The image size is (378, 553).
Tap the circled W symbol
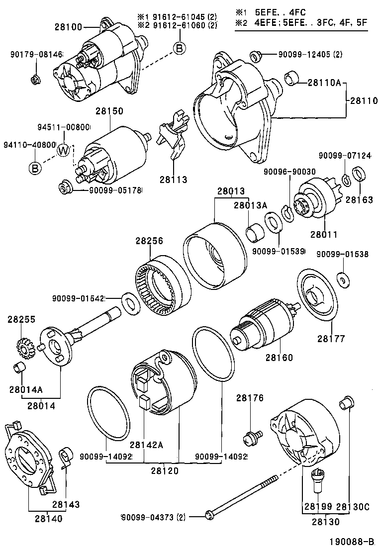tap(64, 150)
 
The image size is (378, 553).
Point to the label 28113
tap(174, 180)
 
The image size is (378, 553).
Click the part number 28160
tap(279, 357)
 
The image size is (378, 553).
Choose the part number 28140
tap(49, 519)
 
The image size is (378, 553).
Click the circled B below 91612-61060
tap(179, 48)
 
